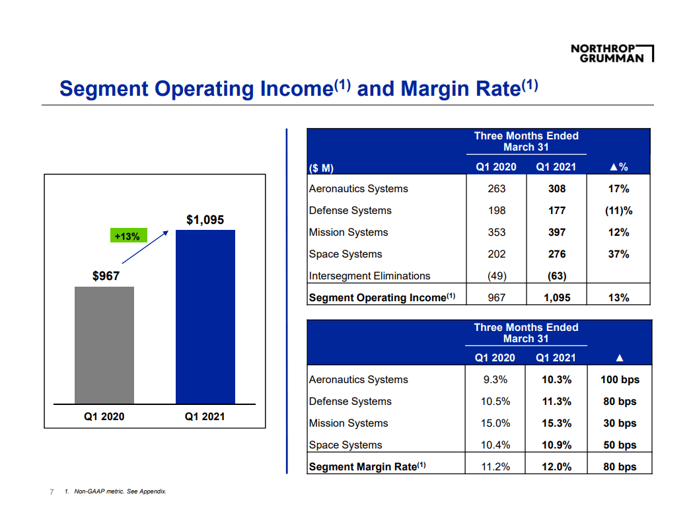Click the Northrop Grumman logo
(x=611, y=53)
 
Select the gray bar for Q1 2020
(x=104, y=345)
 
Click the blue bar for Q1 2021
(x=205, y=317)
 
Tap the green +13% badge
(x=127, y=236)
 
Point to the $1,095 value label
(x=205, y=220)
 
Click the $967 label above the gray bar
(x=106, y=276)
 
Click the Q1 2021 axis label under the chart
(x=205, y=417)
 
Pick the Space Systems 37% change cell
(x=618, y=254)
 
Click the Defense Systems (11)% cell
(x=618, y=211)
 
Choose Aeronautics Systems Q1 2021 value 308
(x=557, y=189)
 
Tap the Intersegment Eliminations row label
(x=369, y=276)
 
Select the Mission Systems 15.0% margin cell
(x=495, y=423)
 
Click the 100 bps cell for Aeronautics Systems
(x=619, y=380)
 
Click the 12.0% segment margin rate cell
(x=556, y=467)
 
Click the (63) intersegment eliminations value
(x=557, y=276)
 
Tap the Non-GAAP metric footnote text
(x=115, y=491)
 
